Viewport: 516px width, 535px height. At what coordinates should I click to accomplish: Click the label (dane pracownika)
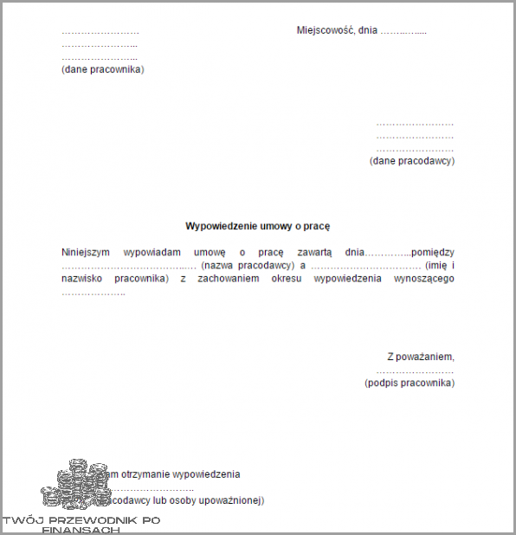[103, 69]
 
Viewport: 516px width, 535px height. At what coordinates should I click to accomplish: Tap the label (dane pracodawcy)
[412, 160]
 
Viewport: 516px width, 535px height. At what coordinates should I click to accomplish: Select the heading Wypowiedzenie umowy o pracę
[258, 226]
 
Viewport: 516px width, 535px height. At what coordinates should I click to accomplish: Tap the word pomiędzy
[433, 252]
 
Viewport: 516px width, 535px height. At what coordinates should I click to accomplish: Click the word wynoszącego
[424, 279]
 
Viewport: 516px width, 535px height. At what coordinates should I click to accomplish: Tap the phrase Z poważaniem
[421, 357]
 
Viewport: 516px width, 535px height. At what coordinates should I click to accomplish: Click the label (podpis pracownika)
[410, 383]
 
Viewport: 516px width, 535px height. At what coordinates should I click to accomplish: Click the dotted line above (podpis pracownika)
[410, 370]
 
